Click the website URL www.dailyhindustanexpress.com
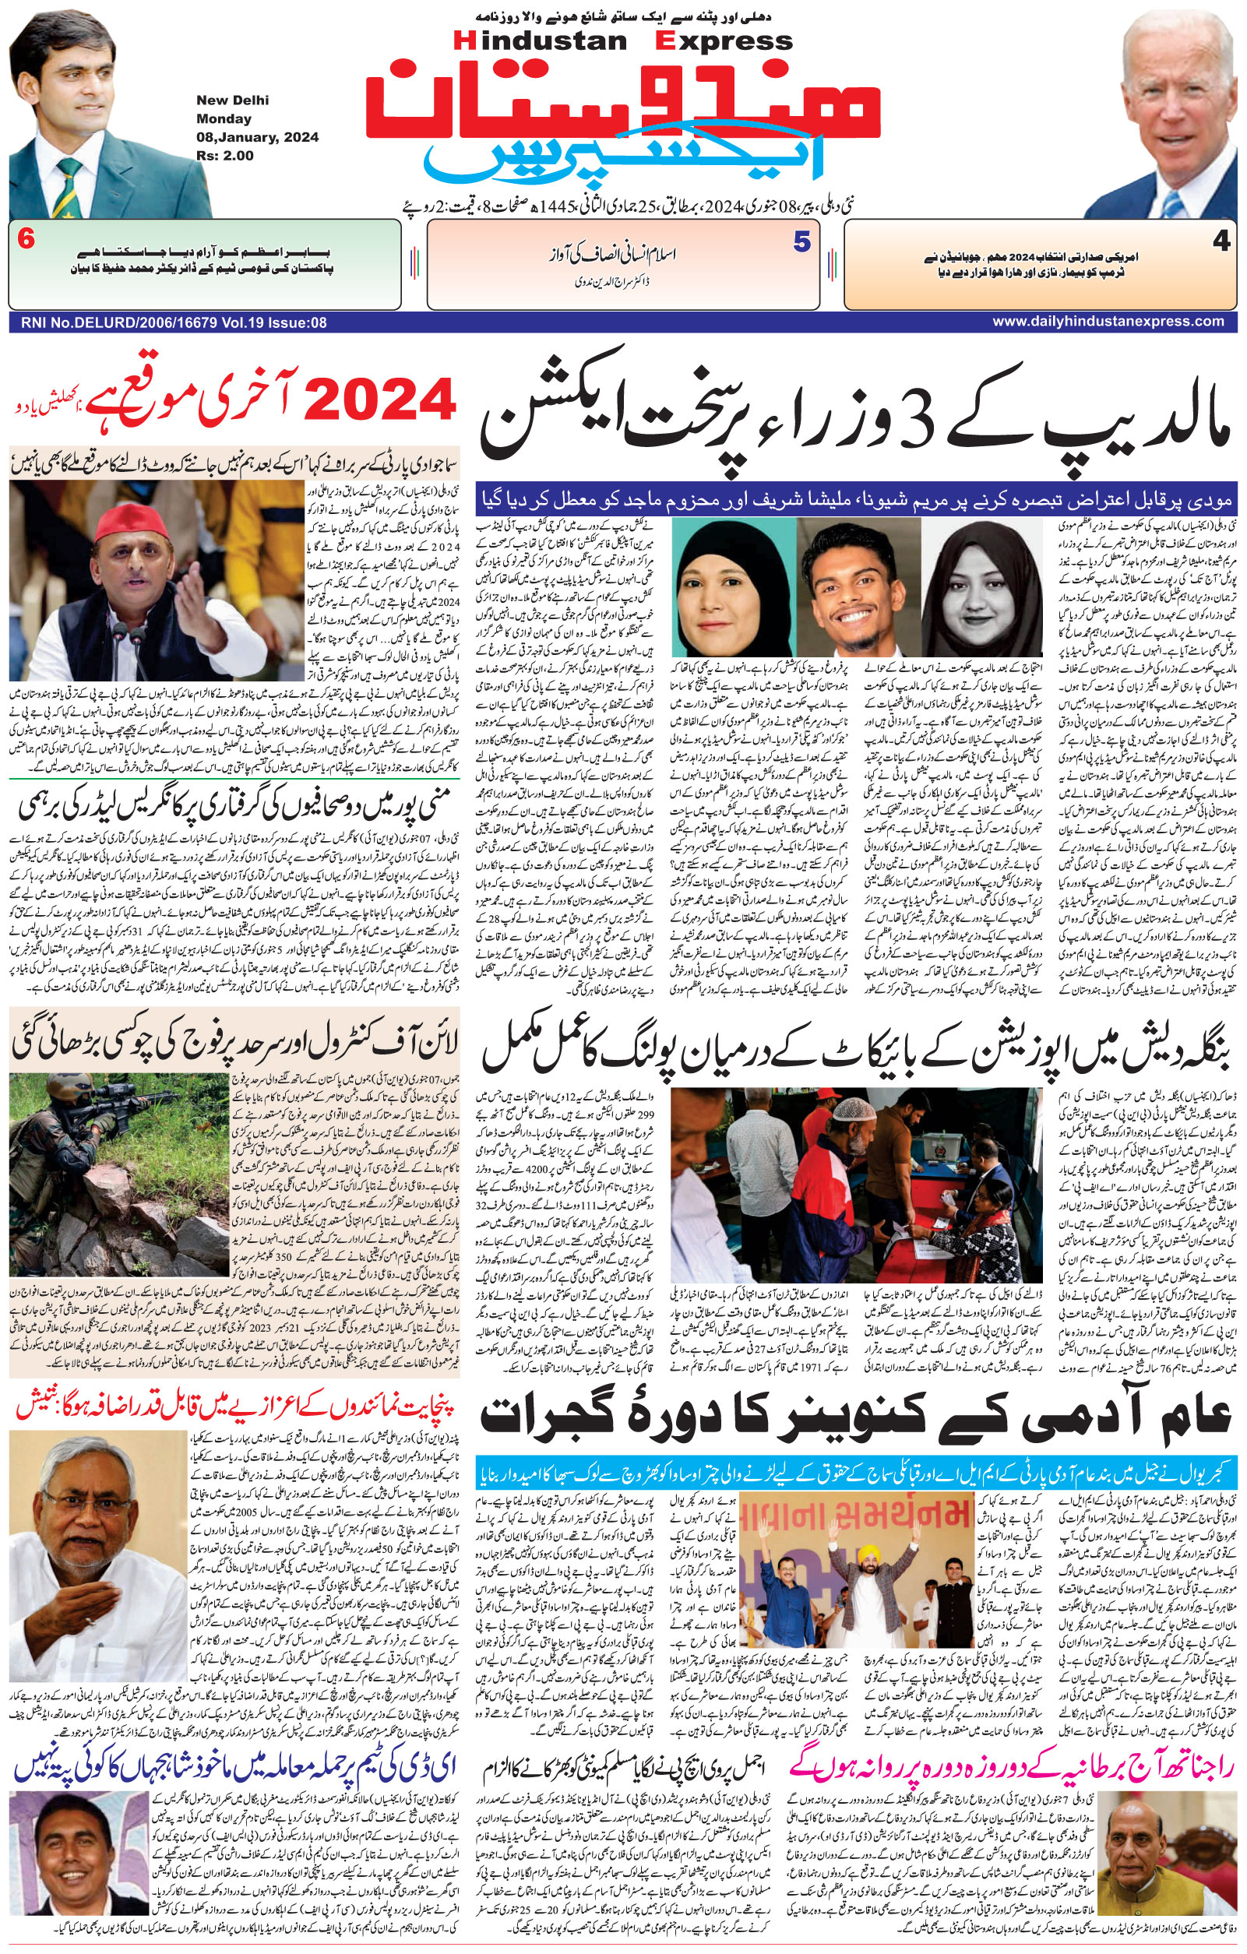click(1108, 322)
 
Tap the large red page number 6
click(26, 241)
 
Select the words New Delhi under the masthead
click(232, 100)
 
